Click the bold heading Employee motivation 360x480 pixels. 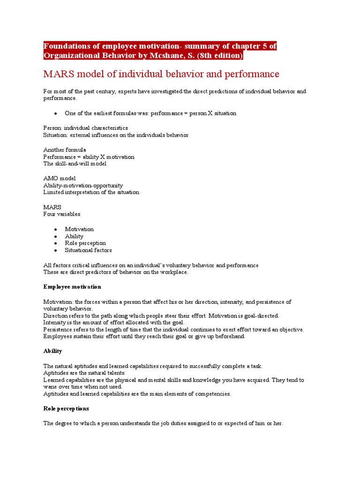click(x=72, y=286)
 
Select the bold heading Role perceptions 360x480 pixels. click(x=66, y=409)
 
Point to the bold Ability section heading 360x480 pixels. click(x=52, y=351)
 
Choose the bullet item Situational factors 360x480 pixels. click(x=88, y=250)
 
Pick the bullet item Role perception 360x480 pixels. click(x=85, y=243)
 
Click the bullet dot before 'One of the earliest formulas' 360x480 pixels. click(x=55, y=113)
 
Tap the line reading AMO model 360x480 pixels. click(x=60, y=179)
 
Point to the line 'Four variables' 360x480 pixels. click(x=62, y=214)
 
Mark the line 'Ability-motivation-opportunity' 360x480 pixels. click(x=83, y=186)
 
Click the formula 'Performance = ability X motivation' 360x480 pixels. click(x=89, y=157)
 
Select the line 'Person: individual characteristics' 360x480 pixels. click(x=85, y=128)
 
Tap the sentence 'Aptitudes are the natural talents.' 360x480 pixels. click(x=84, y=373)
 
